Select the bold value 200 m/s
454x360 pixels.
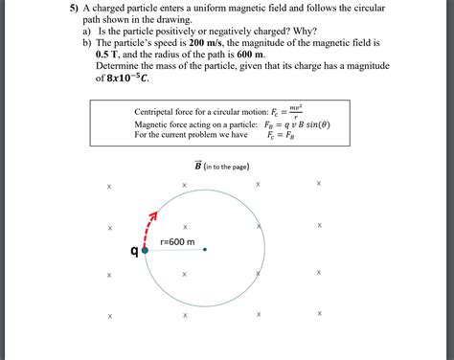pyautogui.click(x=205, y=43)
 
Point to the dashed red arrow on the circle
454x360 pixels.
pyautogui.click(x=150, y=224)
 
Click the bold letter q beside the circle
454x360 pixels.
pyautogui.click(x=134, y=252)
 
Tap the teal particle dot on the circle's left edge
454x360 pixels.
pyautogui.click(x=145, y=251)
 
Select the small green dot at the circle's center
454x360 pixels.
pyautogui.click(x=205, y=251)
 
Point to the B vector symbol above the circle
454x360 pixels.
pyautogui.click(x=198, y=166)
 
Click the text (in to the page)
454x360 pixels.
pyautogui.click(x=228, y=167)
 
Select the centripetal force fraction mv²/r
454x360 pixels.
pyautogui.click(x=297, y=110)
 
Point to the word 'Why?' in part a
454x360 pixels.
pyautogui.click(x=271, y=32)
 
